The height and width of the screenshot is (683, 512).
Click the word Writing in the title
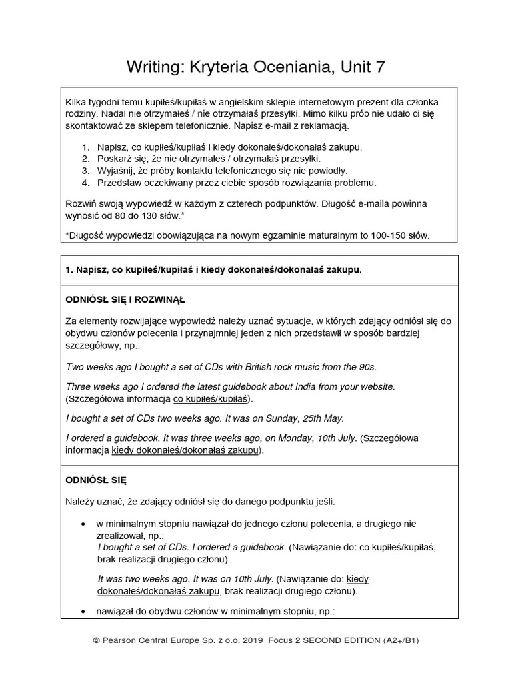(x=151, y=67)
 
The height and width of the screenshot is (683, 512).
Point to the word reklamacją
(x=323, y=125)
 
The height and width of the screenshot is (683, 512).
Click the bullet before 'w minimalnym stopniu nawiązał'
(x=82, y=524)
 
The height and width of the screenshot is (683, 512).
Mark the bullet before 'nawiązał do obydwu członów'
(x=82, y=611)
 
